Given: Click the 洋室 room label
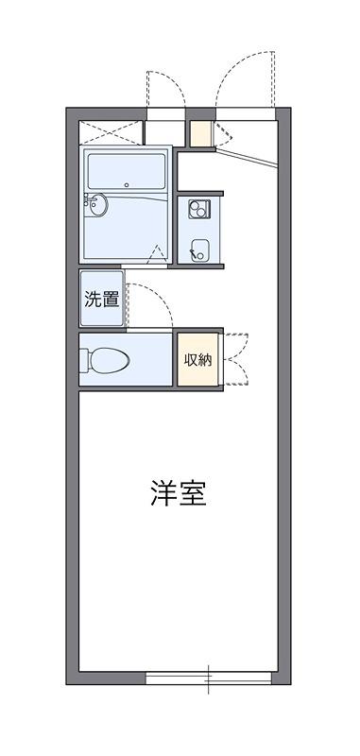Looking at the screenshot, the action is coord(179,492).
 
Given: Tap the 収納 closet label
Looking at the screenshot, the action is coord(198,360).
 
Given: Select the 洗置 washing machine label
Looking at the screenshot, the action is coord(102,300).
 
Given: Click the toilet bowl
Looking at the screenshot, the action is coord(111,361).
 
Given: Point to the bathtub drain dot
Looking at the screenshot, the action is coord(127,184).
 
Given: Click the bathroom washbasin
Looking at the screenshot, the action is coord(98,205).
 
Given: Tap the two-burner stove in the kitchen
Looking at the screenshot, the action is coord(198,208).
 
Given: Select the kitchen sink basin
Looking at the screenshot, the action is coord(199,250).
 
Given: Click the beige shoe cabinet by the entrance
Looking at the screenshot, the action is coord(200,133).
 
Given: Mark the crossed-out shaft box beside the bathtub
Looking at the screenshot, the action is coord(111,132).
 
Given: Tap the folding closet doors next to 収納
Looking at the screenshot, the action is coord(235,359).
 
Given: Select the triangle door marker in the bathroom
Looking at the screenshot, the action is coord(158,253).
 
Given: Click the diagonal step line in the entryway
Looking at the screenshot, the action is coord(247,158).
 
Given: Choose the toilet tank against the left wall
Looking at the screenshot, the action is coord(85,361).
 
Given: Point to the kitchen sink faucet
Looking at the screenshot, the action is coord(194,253).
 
